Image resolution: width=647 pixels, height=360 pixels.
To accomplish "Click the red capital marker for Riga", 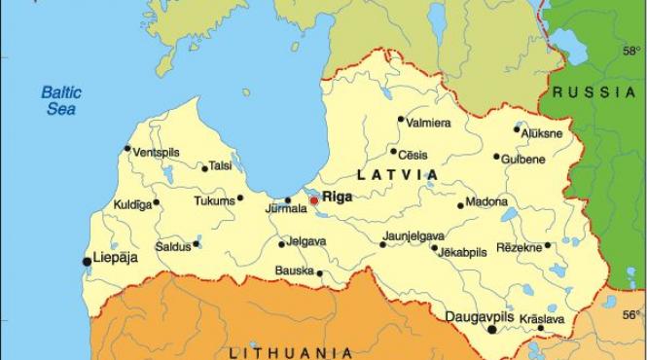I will [x=313, y=200].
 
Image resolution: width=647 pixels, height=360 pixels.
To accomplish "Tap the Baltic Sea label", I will [x=60, y=101].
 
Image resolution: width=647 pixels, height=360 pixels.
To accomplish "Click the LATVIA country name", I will [x=397, y=175].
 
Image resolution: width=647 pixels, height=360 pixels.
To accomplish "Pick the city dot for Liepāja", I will [x=87, y=261].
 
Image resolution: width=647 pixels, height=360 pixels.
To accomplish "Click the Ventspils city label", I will [x=158, y=153].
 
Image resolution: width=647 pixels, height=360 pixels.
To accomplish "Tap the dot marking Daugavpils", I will [x=492, y=330].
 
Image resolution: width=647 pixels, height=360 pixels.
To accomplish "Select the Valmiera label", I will [x=429, y=123].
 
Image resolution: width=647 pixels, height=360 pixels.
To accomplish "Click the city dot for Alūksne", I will [x=517, y=129].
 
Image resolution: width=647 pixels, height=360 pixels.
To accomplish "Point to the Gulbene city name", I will [x=523, y=159].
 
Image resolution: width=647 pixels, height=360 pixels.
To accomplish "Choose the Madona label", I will [x=487, y=202].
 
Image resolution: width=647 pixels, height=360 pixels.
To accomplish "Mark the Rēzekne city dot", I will [x=548, y=245].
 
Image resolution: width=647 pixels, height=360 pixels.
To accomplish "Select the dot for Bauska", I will [x=320, y=273].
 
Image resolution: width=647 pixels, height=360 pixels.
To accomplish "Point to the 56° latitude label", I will [x=631, y=314].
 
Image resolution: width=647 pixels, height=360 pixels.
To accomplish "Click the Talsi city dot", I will [x=204, y=168].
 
